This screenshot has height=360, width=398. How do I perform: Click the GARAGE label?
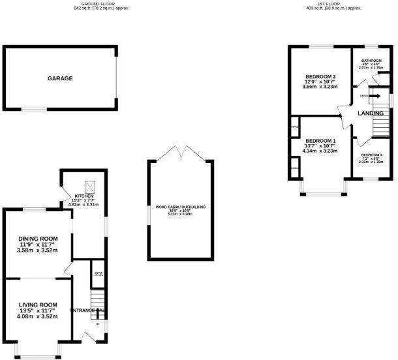coord(59,78)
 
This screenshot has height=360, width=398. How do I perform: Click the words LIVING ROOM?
coord(37,305)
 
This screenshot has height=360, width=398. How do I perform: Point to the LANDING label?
coord(370,113)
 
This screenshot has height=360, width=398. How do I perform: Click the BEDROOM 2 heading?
coord(320,77)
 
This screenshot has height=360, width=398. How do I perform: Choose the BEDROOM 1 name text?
coord(320,142)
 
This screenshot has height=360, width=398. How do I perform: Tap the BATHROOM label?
coord(373,61)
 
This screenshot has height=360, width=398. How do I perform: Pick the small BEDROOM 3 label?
coord(372,155)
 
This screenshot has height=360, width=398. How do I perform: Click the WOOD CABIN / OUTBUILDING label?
coord(181,207)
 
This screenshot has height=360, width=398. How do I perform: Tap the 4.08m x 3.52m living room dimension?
coord(37,316)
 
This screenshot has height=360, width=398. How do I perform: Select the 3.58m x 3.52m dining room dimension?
coord(37,250)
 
